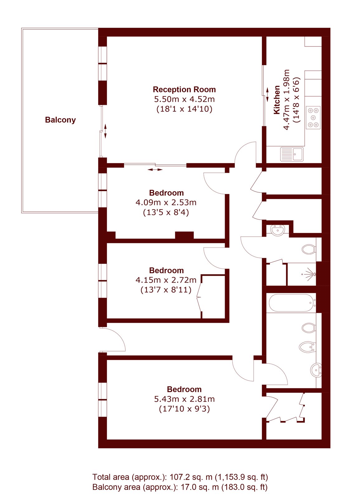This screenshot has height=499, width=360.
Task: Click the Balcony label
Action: (60, 120)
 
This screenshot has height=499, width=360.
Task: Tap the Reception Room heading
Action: (184, 90)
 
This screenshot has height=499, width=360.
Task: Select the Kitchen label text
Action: (277, 100)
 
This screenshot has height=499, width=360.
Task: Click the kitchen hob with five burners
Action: (314, 117)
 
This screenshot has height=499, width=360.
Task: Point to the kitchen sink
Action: (292, 154)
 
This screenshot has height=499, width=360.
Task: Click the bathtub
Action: (292, 303)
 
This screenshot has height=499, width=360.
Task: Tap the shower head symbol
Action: (310, 274)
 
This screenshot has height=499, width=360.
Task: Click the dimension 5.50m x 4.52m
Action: (184, 99)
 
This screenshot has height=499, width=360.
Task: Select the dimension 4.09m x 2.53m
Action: (166, 202)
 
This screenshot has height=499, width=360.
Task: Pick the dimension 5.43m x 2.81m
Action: (184, 399)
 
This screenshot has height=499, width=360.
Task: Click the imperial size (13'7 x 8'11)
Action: (166, 290)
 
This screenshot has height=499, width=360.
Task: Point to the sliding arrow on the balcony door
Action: (105, 131)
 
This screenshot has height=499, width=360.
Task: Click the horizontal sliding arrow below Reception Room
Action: (155, 170)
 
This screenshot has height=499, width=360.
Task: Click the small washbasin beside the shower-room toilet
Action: (277, 230)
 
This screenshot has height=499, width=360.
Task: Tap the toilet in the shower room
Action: (309, 249)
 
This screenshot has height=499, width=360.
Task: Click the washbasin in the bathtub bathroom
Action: (316, 370)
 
